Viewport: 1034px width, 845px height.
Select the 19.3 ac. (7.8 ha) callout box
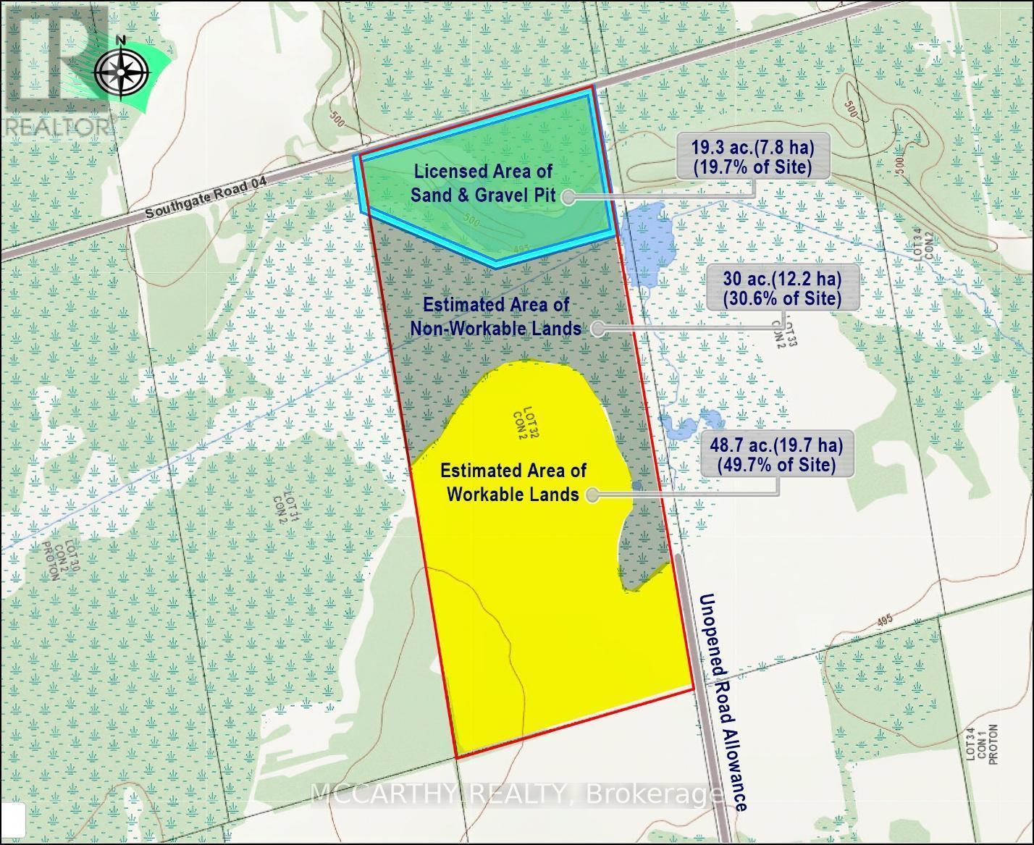click(x=751, y=157)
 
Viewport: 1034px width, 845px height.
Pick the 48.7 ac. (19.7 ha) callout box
click(x=775, y=454)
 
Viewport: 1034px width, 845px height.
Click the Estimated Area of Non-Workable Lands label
click(x=495, y=316)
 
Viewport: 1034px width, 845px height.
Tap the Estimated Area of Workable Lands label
click(x=513, y=482)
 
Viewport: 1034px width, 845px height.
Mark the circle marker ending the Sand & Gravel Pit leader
click(x=568, y=196)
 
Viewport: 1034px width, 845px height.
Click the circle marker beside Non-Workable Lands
click(x=597, y=329)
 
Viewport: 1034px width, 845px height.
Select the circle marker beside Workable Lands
click(x=593, y=495)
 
